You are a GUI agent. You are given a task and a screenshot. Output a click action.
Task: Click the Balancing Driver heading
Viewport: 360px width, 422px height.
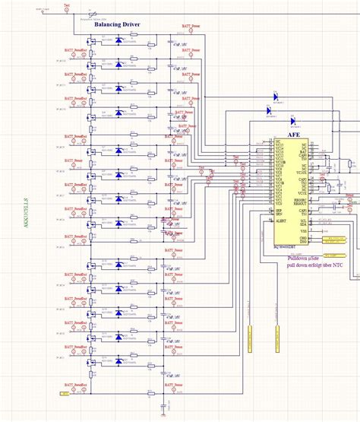[x=116, y=24]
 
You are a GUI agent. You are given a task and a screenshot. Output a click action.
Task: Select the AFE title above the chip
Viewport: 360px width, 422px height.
[x=282, y=133]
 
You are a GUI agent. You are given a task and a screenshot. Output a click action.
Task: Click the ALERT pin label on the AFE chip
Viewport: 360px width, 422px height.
[x=280, y=217]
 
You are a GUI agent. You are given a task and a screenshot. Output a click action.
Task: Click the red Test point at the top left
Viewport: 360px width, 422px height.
[x=68, y=7]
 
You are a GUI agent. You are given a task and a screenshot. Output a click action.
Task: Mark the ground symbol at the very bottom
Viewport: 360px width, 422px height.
[x=164, y=415]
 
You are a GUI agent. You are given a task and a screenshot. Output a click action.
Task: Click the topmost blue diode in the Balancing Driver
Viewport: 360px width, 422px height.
[x=118, y=40]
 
